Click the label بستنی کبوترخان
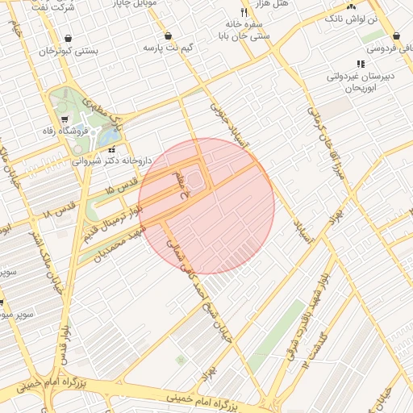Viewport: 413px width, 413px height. [69, 51]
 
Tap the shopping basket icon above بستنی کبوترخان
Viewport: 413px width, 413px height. [68, 38]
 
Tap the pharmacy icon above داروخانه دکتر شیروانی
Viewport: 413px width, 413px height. [112, 148]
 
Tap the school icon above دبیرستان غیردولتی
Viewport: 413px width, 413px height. [360, 64]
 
